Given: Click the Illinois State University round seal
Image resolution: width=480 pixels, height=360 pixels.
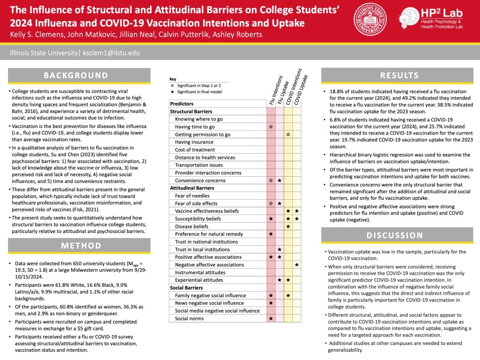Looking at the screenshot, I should pyautogui.click(x=371, y=19).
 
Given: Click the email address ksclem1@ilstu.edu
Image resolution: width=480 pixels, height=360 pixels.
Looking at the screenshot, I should pyautogui.click(x=111, y=53).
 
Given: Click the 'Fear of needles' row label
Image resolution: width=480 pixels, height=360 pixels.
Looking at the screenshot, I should pyautogui.click(x=192, y=195).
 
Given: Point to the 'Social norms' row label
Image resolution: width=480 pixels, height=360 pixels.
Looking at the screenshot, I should pyautogui.click(x=190, y=318).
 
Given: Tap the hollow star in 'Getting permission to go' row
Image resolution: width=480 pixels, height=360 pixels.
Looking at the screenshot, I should pyautogui.click(x=288, y=135).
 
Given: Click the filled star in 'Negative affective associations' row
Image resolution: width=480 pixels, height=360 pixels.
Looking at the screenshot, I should pyautogui.click(x=297, y=265).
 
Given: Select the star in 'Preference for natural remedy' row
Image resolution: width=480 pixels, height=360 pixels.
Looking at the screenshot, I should pyautogui.click(x=271, y=234).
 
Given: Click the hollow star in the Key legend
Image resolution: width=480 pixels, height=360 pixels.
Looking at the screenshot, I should pyautogui.click(x=172, y=86).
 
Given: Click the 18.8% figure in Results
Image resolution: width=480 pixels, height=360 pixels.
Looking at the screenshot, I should pyautogui.click(x=337, y=91).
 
